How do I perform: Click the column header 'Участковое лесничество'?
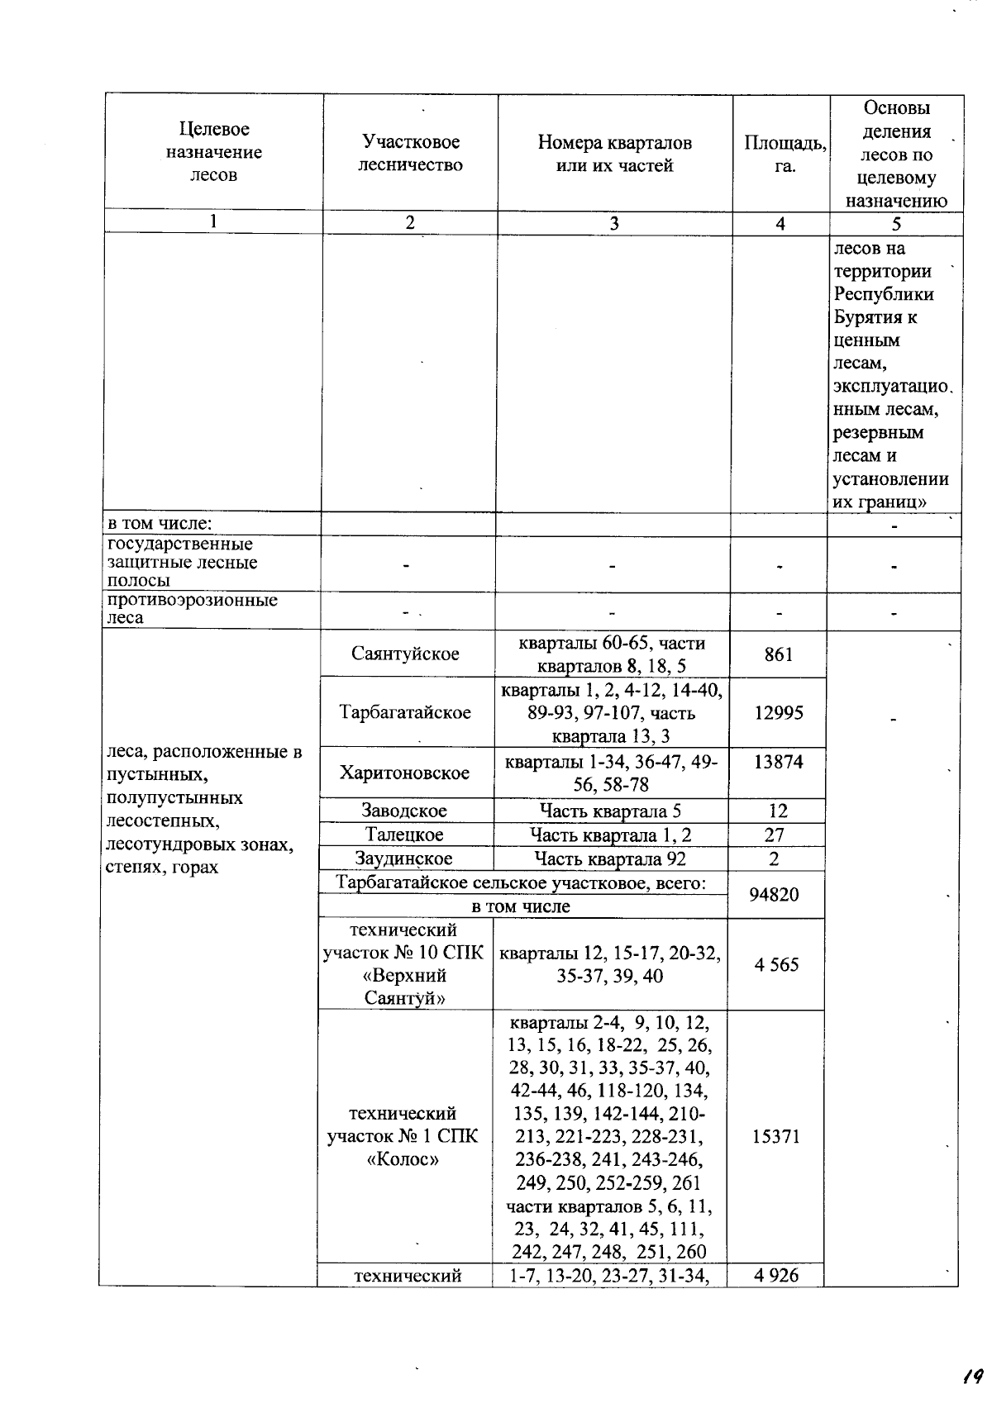coord(410,154)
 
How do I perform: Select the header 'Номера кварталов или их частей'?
coord(614,154)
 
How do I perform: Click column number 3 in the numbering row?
coord(614,223)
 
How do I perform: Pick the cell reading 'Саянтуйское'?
coord(405,654)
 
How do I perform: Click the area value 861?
coord(779,654)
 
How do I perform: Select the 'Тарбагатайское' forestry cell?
coord(405,712)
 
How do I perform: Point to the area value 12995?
coord(779,712)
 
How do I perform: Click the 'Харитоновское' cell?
coord(405,773)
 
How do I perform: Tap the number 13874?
coord(779,761)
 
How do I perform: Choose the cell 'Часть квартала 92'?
coord(610,858)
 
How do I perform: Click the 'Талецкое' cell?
coord(405,835)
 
